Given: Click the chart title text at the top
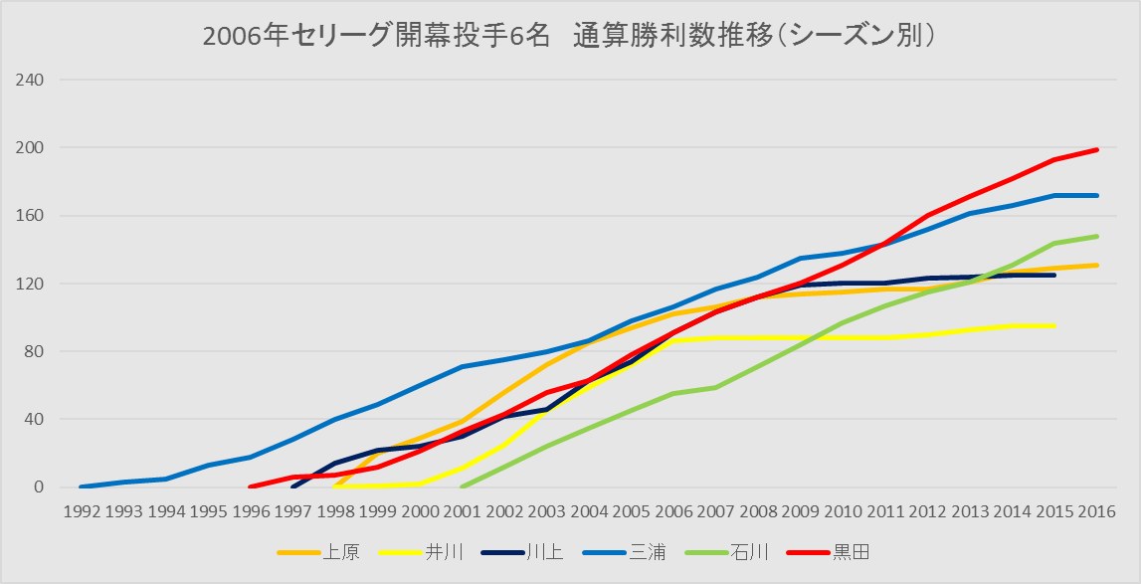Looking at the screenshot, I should click(571, 35).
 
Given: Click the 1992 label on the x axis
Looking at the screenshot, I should click(81, 511).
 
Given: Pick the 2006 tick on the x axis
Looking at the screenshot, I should click(673, 511).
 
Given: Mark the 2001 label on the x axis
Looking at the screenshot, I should click(462, 511).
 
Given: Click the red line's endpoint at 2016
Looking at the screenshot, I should click(1097, 149).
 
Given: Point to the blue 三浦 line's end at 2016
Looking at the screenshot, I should click(1097, 195).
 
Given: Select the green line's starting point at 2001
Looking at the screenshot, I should click(462, 487).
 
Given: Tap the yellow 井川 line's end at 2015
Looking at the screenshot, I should click(1054, 325).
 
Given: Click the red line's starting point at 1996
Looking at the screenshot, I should click(250, 487).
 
